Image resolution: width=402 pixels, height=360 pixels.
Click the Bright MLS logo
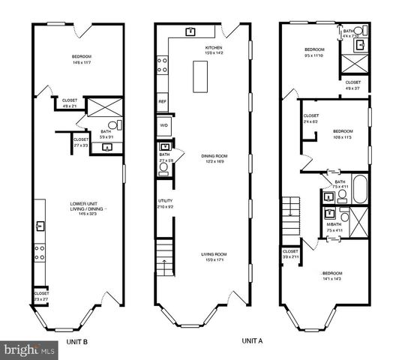pos(28,349)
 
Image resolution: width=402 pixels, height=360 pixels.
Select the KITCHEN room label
pos(214,47)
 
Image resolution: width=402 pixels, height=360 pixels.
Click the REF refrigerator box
pos(162,100)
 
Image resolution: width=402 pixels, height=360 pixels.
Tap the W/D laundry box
pos(163,124)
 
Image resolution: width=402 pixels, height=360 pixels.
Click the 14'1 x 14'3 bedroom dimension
pos(332,278)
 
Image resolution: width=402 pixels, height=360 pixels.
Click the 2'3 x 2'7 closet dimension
pos(40,298)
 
